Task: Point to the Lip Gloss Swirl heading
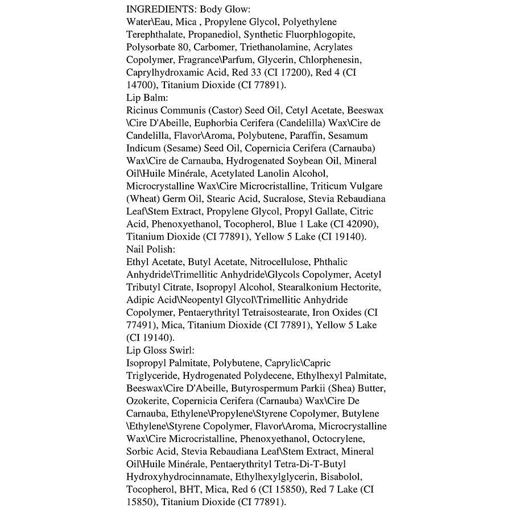[161, 350]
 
